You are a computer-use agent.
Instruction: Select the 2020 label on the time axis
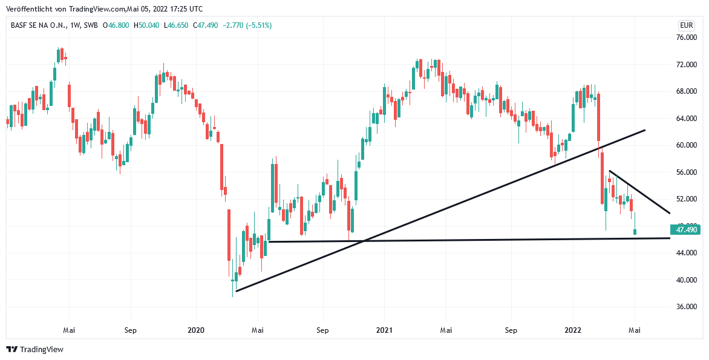(196, 330)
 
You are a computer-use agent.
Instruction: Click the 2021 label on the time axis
(384, 330)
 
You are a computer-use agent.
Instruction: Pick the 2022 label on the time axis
(572, 330)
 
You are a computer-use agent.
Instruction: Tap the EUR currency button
(687, 25)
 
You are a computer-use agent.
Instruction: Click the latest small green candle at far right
(635, 232)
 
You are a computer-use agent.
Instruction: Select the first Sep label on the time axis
(131, 330)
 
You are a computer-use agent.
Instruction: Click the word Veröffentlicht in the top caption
(28, 9)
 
